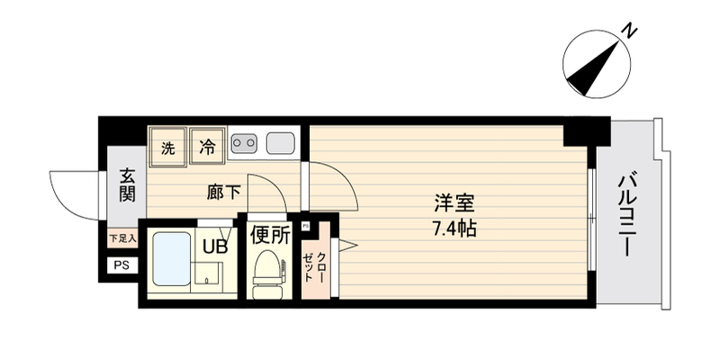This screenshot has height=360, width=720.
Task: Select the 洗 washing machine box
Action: pyautogui.click(x=168, y=146)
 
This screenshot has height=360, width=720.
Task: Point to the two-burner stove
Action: pyautogui.click(x=244, y=142)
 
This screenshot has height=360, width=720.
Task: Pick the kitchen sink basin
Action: pyautogui.click(x=280, y=142)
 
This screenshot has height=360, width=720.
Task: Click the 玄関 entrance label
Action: pyautogui.click(x=126, y=184)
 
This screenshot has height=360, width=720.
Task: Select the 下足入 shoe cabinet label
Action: pyautogui.click(x=121, y=238)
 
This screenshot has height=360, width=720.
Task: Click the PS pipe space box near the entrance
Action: pyautogui.click(x=121, y=265)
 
